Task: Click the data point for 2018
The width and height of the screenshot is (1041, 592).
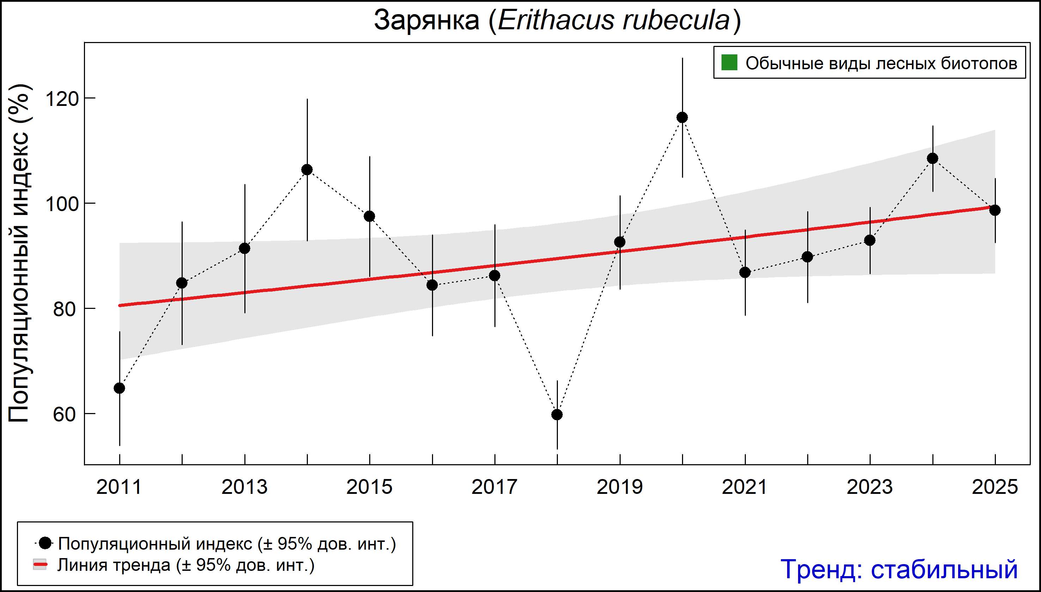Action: (557, 415)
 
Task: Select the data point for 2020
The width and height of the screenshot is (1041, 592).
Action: (682, 118)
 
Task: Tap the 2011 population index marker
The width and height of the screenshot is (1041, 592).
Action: (120, 388)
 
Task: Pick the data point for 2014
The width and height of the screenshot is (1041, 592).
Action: (307, 169)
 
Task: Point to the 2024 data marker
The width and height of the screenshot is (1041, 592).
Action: (932, 158)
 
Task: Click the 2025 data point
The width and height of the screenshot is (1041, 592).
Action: (995, 210)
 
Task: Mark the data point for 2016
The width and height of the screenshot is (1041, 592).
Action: (432, 285)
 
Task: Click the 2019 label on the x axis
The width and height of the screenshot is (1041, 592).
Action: (620, 487)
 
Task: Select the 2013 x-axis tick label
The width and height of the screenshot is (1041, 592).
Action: (244, 487)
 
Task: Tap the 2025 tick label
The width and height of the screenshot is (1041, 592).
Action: (995, 487)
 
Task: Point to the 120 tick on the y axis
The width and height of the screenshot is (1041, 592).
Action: (62, 98)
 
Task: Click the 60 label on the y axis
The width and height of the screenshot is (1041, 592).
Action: (65, 414)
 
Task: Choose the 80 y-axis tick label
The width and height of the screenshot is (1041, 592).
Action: (65, 309)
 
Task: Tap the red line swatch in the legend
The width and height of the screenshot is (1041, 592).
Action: (40, 565)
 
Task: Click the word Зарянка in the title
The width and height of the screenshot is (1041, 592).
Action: (426, 20)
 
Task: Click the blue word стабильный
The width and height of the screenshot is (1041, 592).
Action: (944, 569)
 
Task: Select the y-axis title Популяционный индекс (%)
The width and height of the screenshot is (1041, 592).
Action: (19, 253)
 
